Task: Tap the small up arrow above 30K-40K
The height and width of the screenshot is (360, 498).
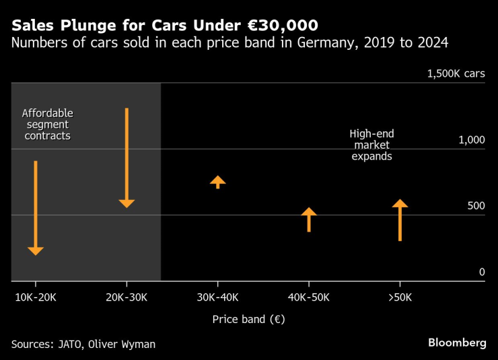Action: (217, 182)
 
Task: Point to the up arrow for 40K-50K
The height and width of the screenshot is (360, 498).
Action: (309, 219)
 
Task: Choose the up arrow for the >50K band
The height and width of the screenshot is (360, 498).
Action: (400, 220)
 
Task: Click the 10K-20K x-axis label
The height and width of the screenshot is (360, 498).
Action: (36, 297)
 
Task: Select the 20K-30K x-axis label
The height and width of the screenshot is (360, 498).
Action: (127, 297)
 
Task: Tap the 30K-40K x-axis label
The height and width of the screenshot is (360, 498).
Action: (217, 297)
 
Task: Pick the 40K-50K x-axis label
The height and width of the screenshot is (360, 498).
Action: (309, 297)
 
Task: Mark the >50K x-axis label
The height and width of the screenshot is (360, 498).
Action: (400, 297)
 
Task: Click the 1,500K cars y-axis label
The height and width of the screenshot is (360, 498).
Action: (456, 74)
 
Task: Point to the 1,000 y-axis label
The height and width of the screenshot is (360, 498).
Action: (471, 140)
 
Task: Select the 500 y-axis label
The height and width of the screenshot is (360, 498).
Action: (476, 206)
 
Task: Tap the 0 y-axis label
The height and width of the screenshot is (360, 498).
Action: (481, 272)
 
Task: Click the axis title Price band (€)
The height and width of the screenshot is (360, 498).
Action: (248, 320)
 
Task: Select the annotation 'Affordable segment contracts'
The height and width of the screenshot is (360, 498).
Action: (47, 124)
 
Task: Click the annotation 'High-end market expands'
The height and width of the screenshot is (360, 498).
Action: (371, 145)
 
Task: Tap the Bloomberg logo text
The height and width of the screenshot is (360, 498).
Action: (457, 343)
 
